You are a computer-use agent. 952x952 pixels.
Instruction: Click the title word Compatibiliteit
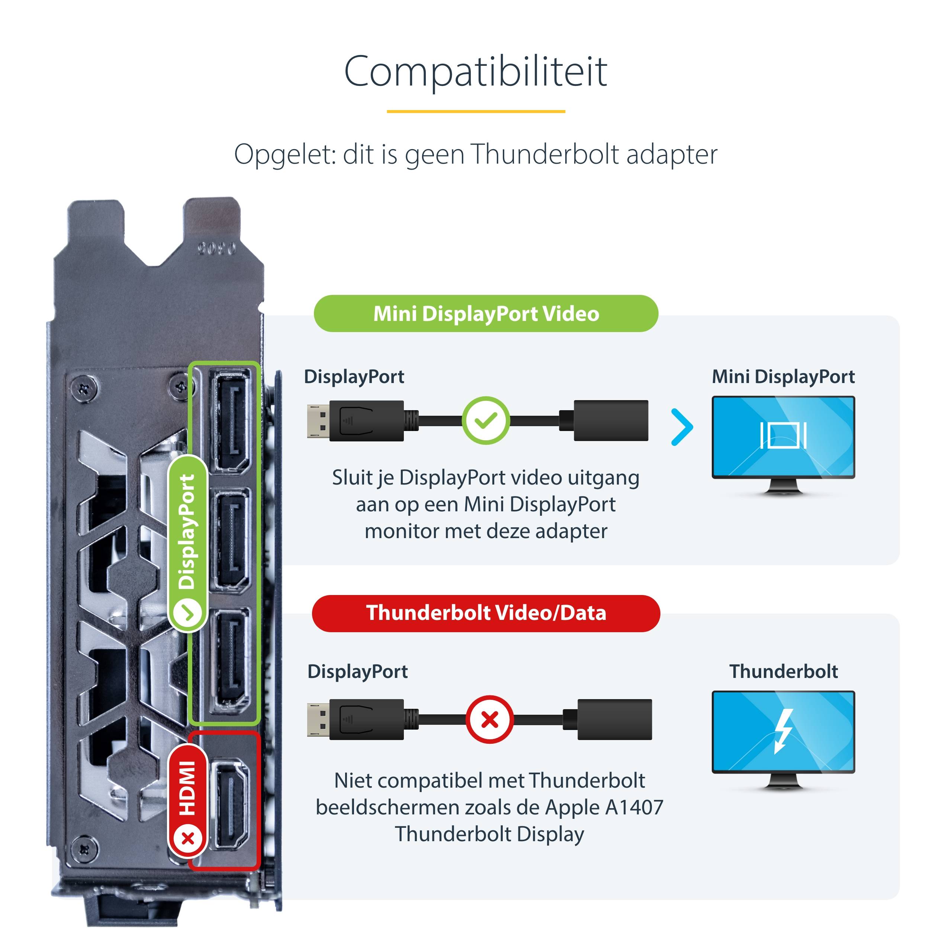coord(476,71)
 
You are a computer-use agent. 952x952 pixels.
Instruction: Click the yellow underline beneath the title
coord(476,111)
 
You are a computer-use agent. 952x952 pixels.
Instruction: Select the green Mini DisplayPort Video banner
coord(486,313)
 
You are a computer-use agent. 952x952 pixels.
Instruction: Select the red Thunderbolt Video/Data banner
coord(486,613)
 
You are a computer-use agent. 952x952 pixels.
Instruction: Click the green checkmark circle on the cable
coord(486,420)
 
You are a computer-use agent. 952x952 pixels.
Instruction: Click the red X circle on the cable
coord(489,720)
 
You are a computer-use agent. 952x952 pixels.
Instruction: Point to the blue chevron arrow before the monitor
coord(682,427)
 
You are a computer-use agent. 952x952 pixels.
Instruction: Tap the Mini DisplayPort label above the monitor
coord(783,376)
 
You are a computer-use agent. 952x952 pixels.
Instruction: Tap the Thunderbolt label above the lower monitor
coord(783,671)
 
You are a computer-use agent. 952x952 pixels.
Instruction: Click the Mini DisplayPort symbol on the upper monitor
coord(783,435)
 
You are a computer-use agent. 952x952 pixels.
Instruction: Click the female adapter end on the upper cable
coord(611,420)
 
